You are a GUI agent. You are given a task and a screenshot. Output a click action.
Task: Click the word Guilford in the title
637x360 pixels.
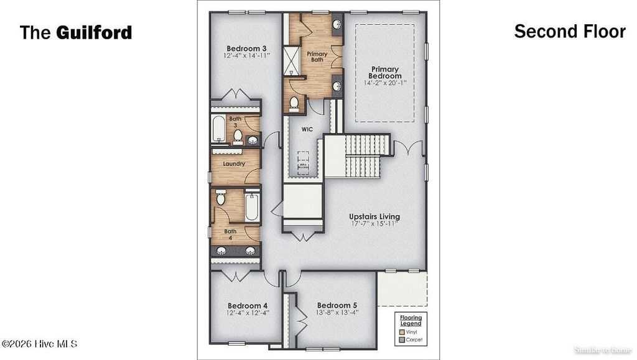[94, 32]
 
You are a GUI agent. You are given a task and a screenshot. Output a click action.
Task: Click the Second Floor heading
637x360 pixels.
[569, 32]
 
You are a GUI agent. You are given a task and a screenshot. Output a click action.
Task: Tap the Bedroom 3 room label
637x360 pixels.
[247, 48]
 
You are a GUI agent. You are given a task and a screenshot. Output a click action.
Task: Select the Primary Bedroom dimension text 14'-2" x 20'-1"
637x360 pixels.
[386, 82]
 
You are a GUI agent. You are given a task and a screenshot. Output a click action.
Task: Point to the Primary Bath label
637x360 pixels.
[317, 57]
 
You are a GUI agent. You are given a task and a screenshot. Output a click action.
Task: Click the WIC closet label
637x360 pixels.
[307, 130]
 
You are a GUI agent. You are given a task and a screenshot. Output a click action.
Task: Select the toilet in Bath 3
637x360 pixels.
[238, 134]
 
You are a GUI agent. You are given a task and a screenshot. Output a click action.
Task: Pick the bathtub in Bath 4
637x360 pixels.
[252, 207]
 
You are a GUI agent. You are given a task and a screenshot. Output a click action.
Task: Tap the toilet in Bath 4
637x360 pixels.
[220, 200]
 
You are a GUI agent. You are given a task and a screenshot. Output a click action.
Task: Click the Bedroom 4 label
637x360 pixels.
[248, 305]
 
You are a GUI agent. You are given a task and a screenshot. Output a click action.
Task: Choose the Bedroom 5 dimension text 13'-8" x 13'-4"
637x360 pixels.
[337, 313]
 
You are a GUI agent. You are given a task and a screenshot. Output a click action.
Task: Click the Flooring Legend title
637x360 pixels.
[411, 321]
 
